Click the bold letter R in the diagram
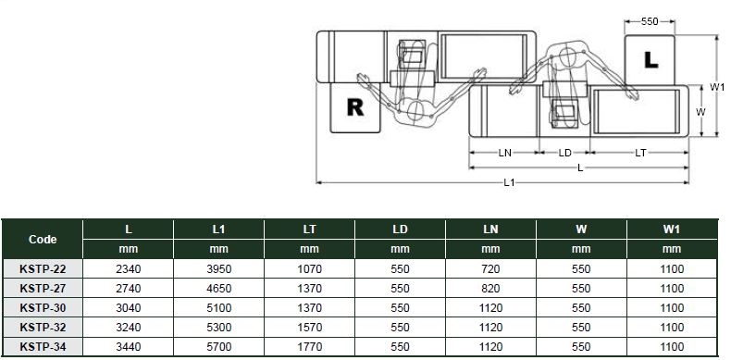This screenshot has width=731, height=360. tap(355, 107)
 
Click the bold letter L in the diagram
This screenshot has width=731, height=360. tap(650, 59)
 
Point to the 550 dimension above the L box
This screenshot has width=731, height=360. tap(650, 21)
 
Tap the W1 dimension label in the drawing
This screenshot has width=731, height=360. tap(717, 86)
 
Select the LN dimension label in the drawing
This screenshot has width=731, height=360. tap(505, 153)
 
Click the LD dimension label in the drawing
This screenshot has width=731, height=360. tap(565, 153)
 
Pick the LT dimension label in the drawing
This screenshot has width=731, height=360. tap(640, 153)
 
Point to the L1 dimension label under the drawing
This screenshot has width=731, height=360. tap(509, 182)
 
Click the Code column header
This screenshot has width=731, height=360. tap(43, 239)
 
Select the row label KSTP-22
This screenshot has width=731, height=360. tap(43, 269)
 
